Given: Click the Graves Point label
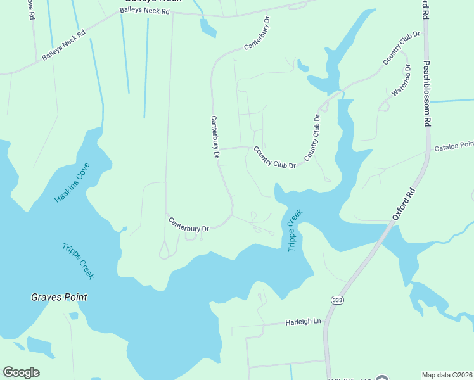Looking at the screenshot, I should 60,297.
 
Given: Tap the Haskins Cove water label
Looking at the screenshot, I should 72,183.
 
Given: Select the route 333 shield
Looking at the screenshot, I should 336,298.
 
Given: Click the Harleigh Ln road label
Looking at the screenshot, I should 303,322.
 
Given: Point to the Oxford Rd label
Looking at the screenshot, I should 403,205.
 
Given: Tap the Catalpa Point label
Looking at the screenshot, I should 454,146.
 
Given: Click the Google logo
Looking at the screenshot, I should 21,372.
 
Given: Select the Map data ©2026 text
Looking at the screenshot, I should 447,374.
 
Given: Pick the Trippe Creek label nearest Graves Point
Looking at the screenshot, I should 78,261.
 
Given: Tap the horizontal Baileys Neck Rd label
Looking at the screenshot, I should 144,11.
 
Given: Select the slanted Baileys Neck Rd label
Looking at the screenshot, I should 63,46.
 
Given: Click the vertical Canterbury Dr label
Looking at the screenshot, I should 215,137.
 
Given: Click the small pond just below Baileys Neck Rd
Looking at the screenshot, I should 208,27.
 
